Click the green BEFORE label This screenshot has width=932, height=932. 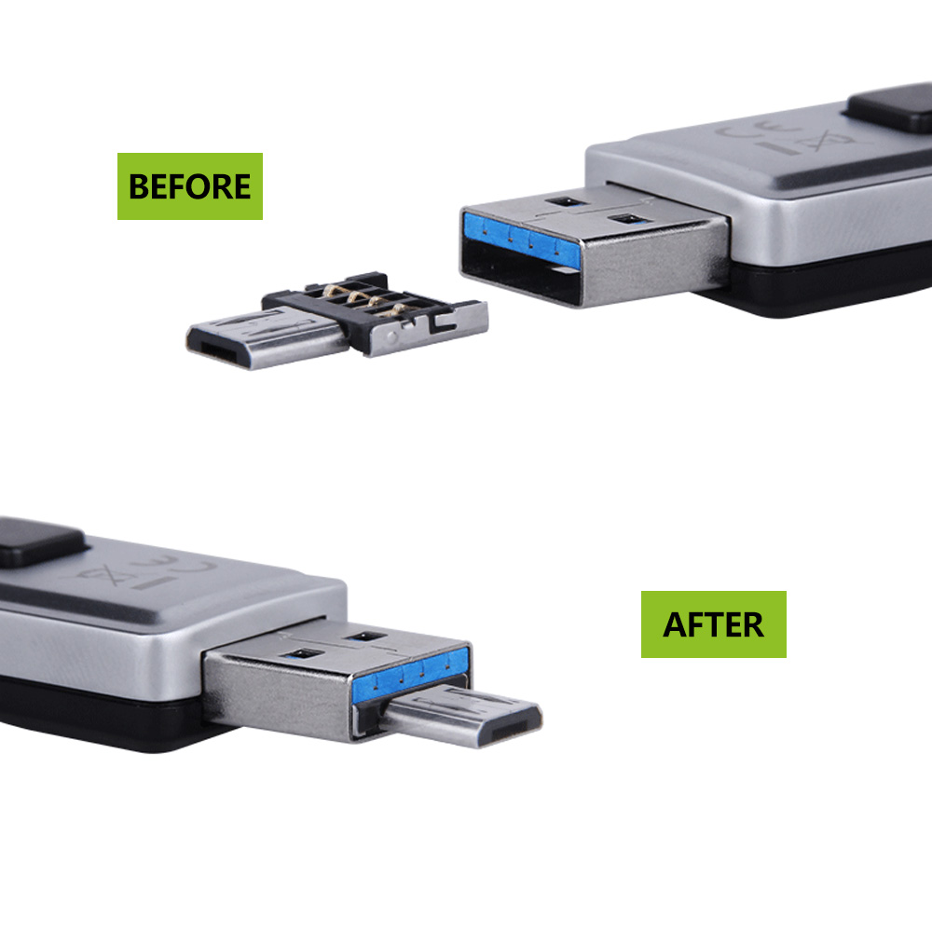pyautogui.click(x=189, y=186)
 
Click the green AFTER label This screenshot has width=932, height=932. pyautogui.click(x=713, y=624)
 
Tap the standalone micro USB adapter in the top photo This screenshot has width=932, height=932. pyautogui.click(x=337, y=321)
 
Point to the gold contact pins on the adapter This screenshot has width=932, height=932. pyautogui.click(x=363, y=298)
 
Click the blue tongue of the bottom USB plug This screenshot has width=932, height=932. pyautogui.click(x=411, y=674)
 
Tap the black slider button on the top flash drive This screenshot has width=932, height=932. pyautogui.click(x=892, y=107)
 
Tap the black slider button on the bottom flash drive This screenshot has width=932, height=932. pyautogui.click(x=39, y=541)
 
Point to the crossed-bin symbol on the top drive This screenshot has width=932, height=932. pyautogui.click(x=821, y=142)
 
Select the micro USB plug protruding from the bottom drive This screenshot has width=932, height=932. pyautogui.click(x=462, y=716)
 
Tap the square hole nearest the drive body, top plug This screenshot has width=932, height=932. pyautogui.click(x=565, y=202)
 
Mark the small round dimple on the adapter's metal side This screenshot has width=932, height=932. pyautogui.click(x=391, y=337)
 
